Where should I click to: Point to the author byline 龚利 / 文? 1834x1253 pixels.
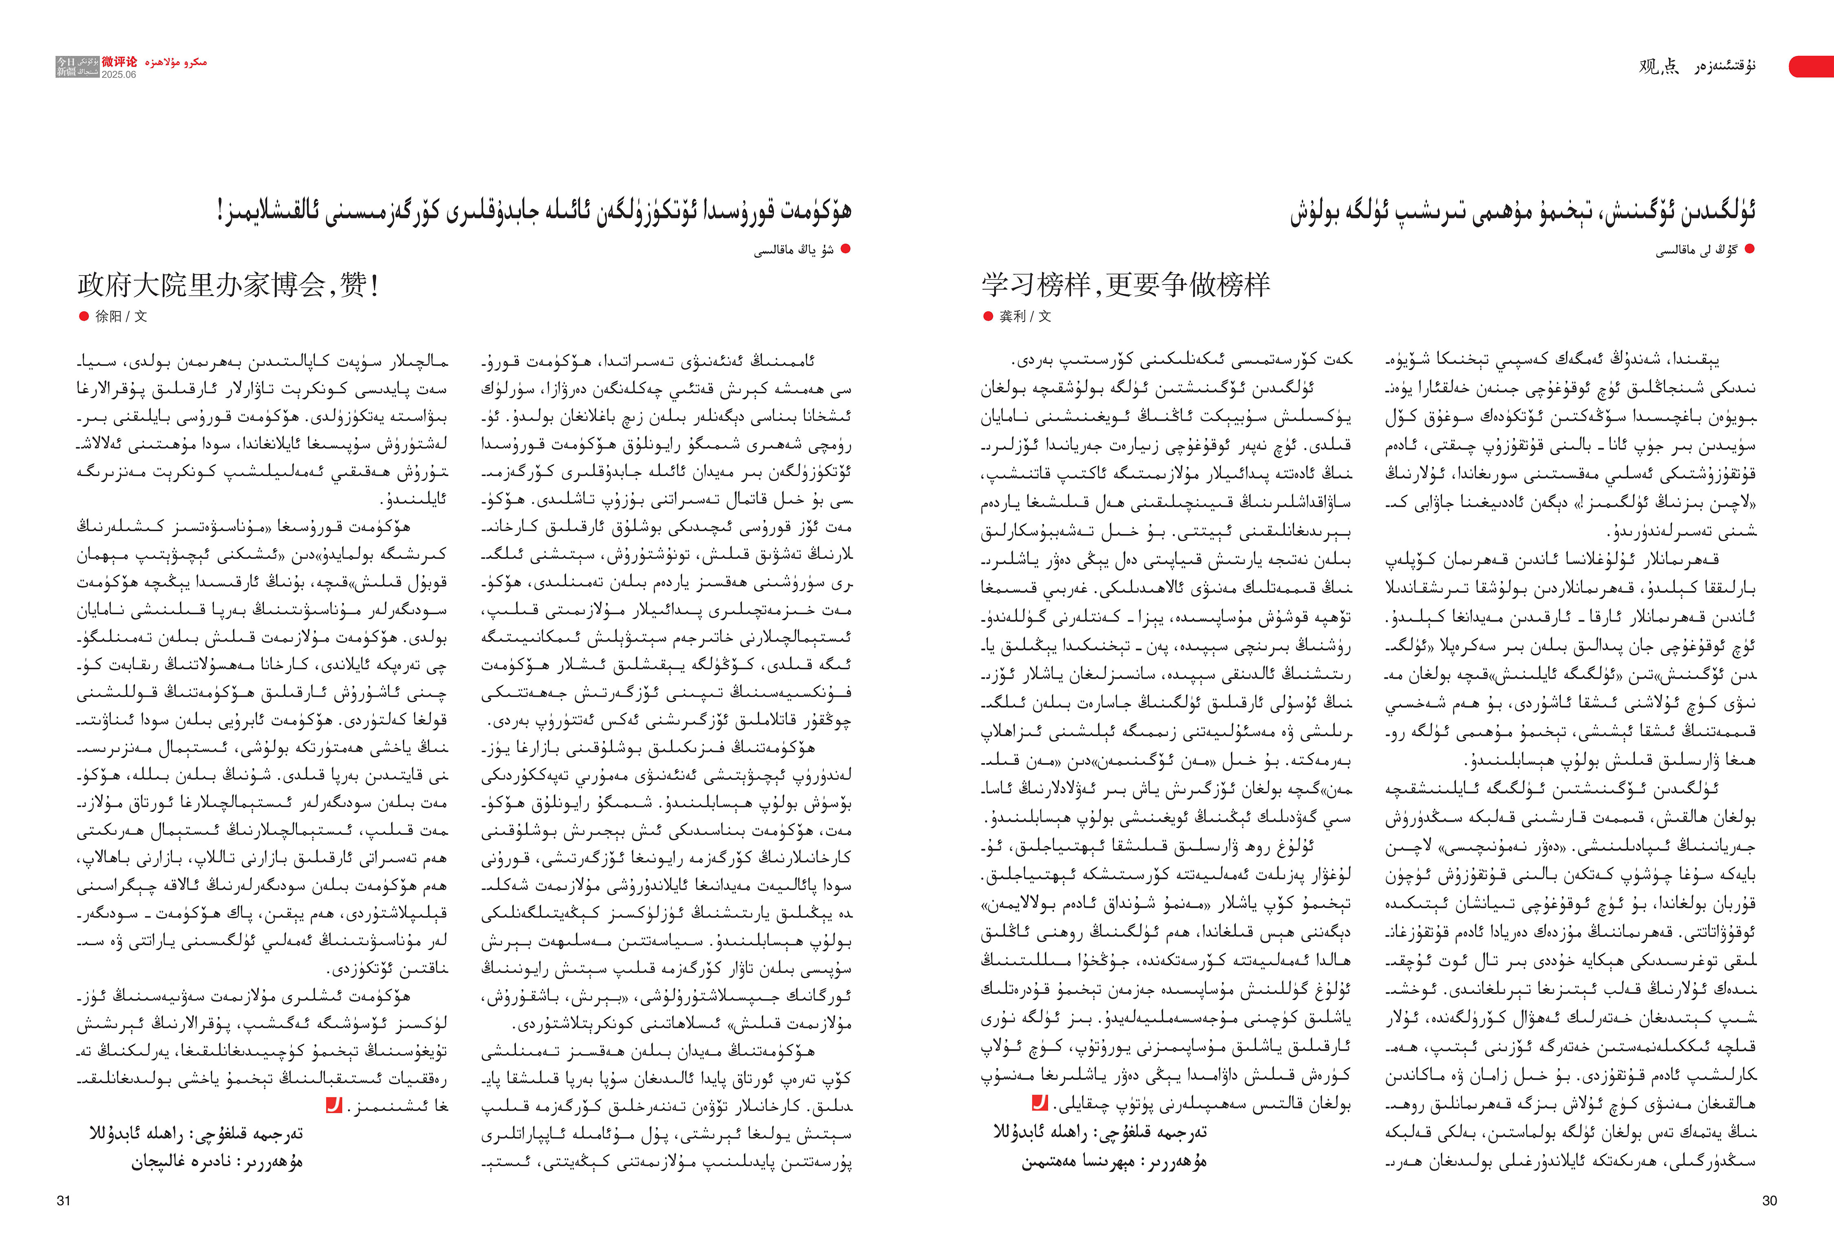[1025, 316]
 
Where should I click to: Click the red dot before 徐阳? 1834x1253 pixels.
[84, 316]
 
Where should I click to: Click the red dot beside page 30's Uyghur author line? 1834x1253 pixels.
[1750, 249]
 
